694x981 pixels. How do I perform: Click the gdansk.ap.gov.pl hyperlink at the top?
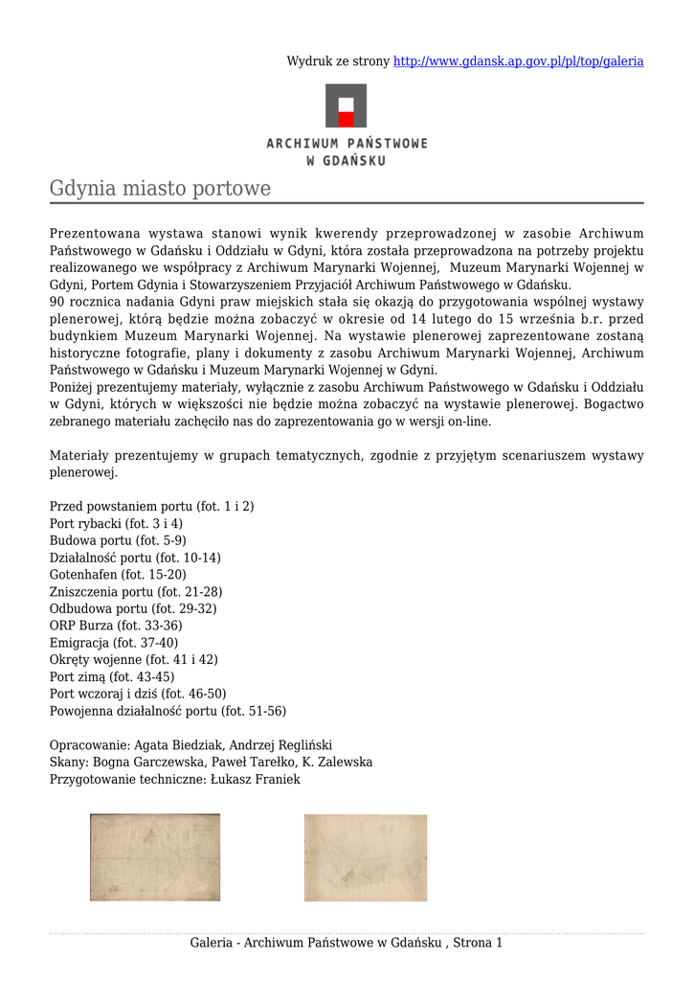point(518,61)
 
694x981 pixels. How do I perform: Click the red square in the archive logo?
point(346,119)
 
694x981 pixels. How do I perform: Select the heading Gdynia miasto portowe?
point(160,189)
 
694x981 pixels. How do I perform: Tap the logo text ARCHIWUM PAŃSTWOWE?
point(347,144)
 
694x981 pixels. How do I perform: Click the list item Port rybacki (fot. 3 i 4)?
point(116,524)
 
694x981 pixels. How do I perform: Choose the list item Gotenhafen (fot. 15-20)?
point(118,575)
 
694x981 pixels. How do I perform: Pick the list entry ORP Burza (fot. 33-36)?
point(116,626)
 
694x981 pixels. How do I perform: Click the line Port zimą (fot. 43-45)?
point(112,676)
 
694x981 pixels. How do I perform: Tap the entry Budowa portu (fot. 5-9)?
point(118,541)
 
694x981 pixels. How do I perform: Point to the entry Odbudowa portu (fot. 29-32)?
point(133,608)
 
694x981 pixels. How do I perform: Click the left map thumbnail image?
point(155,857)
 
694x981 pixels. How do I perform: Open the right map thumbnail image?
point(366,857)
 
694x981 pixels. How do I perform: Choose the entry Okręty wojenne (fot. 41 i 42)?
point(133,659)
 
